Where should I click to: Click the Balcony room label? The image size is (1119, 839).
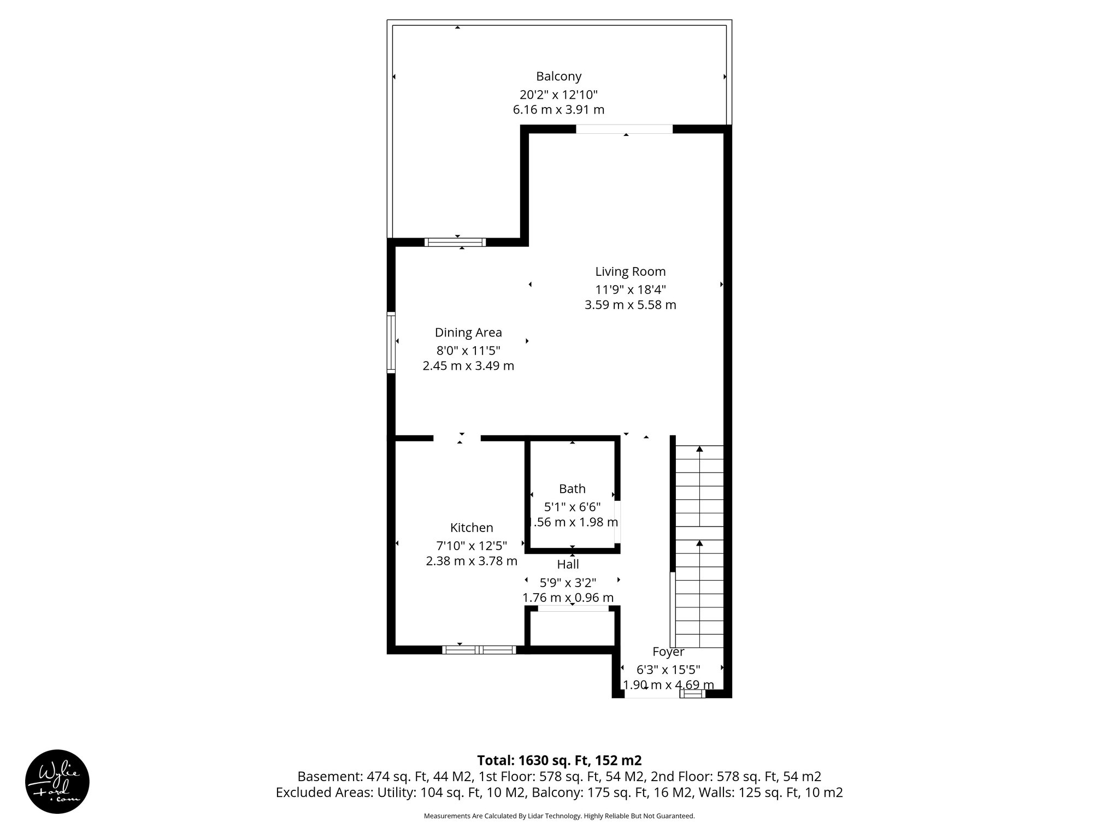[x=558, y=76]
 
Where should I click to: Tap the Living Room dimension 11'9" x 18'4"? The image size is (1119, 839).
[x=631, y=289]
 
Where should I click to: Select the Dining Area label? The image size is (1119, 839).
[x=468, y=333]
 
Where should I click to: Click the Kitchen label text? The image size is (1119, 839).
[x=472, y=528]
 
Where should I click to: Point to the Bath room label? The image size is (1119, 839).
[x=572, y=489]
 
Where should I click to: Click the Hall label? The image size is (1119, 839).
[x=568, y=564]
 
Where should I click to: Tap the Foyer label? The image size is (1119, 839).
[x=668, y=652]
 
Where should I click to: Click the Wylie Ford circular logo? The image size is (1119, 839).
[x=57, y=782]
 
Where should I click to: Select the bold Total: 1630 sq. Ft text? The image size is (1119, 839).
[x=559, y=760]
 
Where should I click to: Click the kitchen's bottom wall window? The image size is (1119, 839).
[x=479, y=650]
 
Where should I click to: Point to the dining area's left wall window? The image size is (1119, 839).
[x=391, y=342]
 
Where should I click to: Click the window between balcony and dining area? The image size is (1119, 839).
[x=455, y=242]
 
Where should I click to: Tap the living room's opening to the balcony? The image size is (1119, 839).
[x=624, y=129]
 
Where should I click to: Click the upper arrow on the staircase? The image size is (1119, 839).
[x=699, y=450]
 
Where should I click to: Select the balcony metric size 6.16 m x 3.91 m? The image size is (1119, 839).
[x=558, y=110]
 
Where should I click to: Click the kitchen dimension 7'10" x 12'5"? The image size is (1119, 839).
[x=472, y=545]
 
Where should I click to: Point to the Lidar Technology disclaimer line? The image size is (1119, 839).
[x=559, y=816]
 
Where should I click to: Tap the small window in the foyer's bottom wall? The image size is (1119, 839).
[x=692, y=694]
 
